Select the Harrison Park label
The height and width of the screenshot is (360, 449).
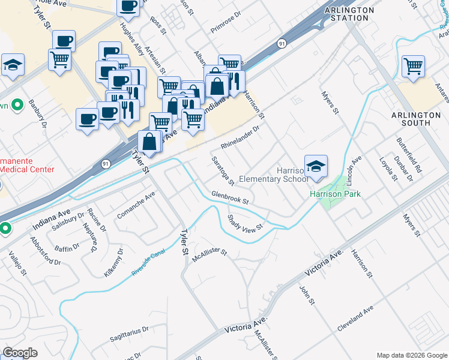[334, 194]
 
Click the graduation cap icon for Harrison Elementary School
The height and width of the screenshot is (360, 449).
[316, 167]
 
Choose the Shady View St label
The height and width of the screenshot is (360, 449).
[246, 224]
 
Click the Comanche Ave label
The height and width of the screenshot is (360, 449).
[136, 205]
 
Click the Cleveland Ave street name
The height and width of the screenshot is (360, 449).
[355, 314]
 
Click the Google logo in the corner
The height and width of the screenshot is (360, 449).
[20, 353]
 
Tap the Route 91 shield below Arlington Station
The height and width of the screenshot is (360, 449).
[282, 44]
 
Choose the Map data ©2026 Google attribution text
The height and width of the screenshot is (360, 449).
[411, 355]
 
